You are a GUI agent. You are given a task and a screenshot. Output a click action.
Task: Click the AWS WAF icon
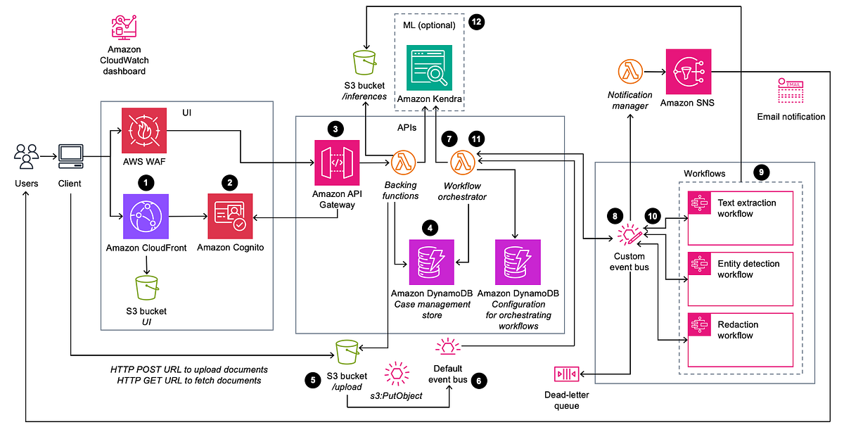pyautogui.click(x=144, y=131)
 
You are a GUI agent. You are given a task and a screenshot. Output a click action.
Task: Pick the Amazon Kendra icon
pyautogui.click(x=429, y=68)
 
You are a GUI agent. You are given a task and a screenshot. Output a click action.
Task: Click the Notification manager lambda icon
pyautogui.click(x=630, y=72)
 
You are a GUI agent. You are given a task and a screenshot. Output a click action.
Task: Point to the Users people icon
pyautogui.click(x=25, y=156)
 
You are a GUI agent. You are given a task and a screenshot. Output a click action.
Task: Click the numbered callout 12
pyautogui.click(x=478, y=22)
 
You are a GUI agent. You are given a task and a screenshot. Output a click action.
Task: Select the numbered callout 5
pyautogui.click(x=312, y=379)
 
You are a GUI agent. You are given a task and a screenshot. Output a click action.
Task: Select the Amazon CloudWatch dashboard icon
pyautogui.click(x=123, y=25)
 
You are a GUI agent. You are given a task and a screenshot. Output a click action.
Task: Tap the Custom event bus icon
pyautogui.click(x=628, y=235)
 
